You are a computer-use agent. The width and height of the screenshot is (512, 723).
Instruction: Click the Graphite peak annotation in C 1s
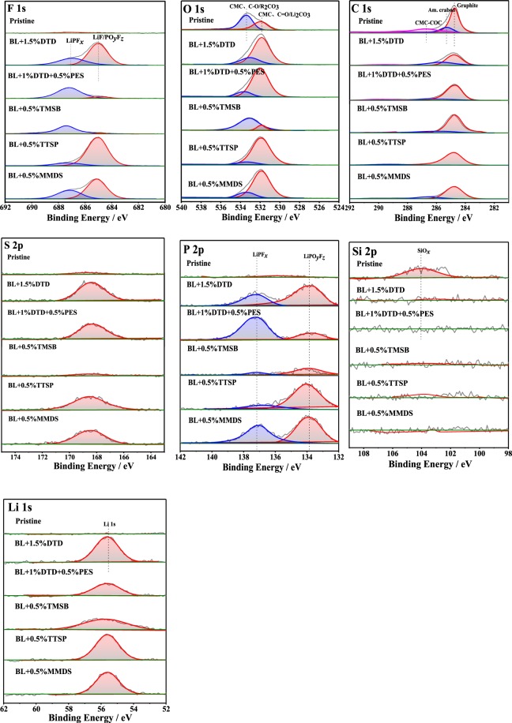(467, 5)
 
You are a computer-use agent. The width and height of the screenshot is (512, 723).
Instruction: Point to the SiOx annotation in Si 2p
(424, 253)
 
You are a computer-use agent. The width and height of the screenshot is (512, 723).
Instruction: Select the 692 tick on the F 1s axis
(6, 208)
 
